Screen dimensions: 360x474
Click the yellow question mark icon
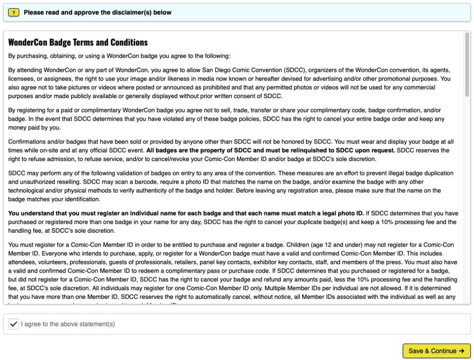(x=14, y=12)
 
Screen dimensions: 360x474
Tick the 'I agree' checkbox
(x=14, y=324)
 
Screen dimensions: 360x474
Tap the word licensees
(x=22, y=79)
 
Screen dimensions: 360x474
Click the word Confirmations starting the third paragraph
(x=28, y=142)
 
